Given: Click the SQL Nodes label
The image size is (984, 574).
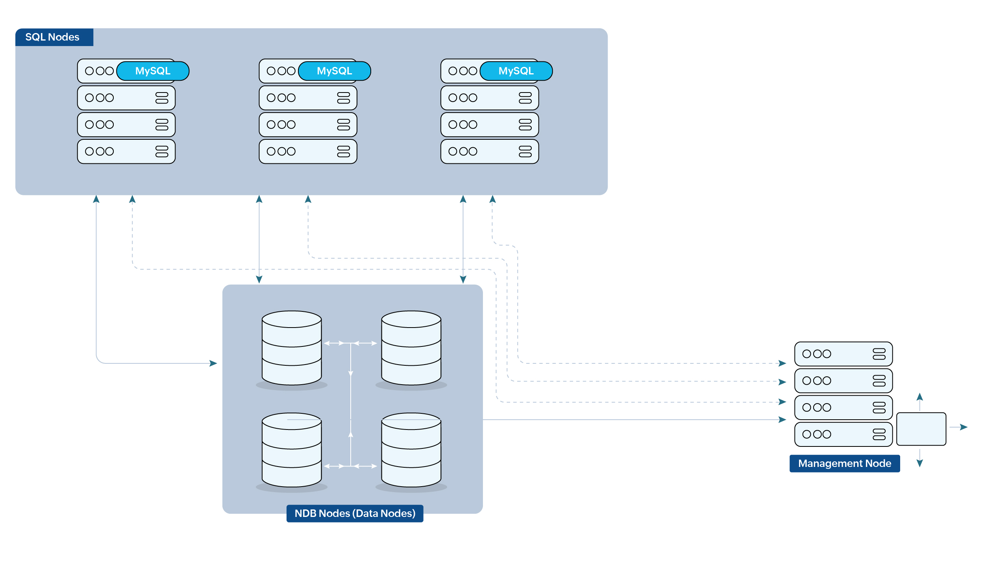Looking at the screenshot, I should [52, 37].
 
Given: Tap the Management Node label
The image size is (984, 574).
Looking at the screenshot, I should [844, 463].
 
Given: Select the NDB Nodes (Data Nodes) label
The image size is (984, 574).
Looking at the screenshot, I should [355, 513].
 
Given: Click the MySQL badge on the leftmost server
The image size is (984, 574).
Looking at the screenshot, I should [153, 71].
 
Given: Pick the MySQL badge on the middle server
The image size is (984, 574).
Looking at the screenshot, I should [334, 71].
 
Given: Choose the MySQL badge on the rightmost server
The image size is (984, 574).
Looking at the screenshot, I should [516, 71].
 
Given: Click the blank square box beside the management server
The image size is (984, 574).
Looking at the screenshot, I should [921, 429].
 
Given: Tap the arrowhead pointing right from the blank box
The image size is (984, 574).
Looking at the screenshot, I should [964, 427].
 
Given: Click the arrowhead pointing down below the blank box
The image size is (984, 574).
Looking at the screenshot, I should [920, 463].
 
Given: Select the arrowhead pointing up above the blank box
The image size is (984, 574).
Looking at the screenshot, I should [920, 397].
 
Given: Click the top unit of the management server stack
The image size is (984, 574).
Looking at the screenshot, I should [843, 354].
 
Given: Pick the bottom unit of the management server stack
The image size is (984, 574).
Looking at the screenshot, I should [843, 434].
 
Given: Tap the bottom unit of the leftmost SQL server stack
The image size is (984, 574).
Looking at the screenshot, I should [126, 152].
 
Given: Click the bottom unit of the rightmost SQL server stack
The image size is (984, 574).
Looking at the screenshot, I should [489, 152].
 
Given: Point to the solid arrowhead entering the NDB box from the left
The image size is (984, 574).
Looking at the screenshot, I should [213, 363].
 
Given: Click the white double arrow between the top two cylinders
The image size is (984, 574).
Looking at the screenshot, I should [350, 343].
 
